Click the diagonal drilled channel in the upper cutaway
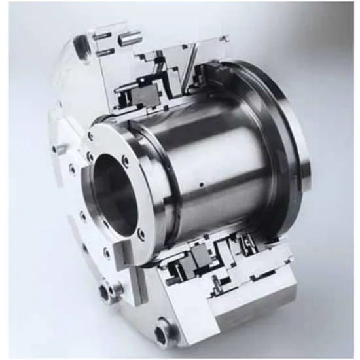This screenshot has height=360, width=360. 190,72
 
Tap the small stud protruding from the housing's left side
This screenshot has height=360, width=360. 62,150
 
